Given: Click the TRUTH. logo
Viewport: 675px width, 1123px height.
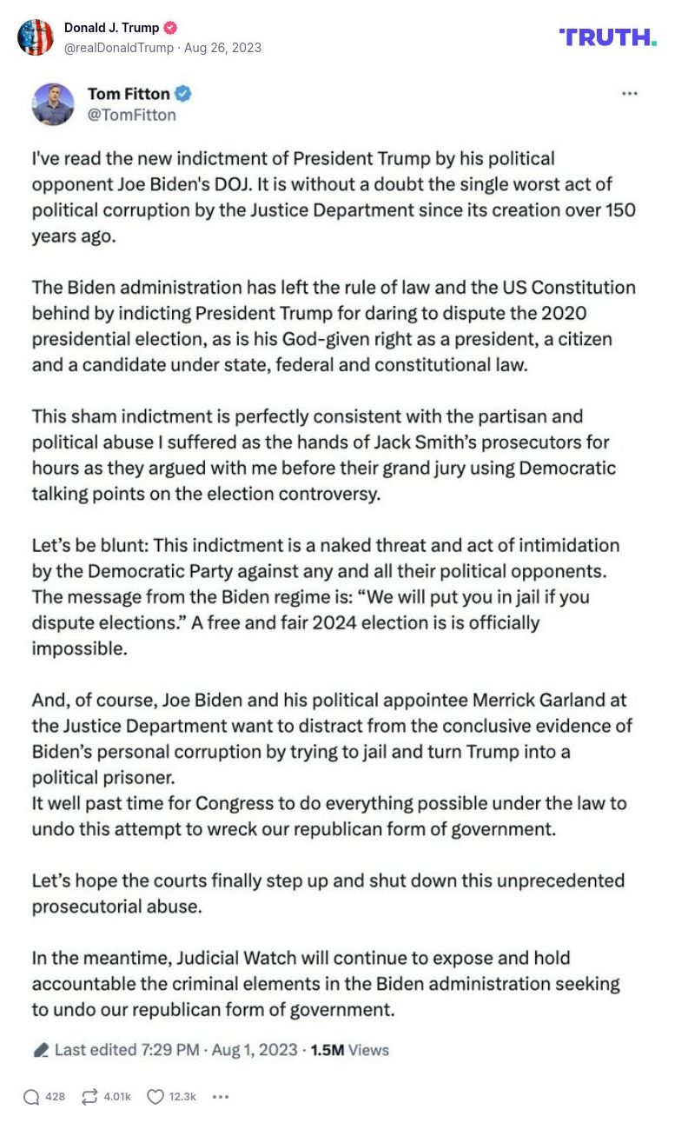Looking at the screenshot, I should pyautogui.click(x=607, y=37).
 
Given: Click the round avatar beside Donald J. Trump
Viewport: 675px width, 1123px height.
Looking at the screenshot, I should pyautogui.click(x=36, y=37).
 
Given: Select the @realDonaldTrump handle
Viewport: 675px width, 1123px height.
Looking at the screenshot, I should pyautogui.click(x=118, y=48).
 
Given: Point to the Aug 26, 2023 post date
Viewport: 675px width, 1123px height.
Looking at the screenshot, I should pyautogui.click(x=223, y=48).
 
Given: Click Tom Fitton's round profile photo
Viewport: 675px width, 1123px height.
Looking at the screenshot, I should pyautogui.click(x=53, y=104).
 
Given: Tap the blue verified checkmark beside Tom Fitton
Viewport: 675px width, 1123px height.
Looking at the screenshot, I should pyautogui.click(x=183, y=94).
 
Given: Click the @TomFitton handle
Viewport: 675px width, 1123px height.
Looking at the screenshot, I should pyautogui.click(x=131, y=115).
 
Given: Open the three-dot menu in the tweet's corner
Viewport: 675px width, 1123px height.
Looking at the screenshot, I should pyautogui.click(x=630, y=94).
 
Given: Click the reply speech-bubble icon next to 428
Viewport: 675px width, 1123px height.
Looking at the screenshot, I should pyautogui.click(x=31, y=1097).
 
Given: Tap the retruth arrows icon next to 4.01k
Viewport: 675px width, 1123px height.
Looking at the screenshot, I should pyautogui.click(x=89, y=1097).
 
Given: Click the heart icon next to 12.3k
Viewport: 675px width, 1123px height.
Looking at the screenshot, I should pyautogui.click(x=156, y=1097).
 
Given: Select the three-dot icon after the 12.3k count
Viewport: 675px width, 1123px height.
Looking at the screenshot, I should pyautogui.click(x=221, y=1097).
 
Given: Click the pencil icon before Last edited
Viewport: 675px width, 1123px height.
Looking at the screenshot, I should pyautogui.click(x=40, y=1050).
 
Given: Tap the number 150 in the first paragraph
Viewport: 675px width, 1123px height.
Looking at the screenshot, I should pyautogui.click(x=619, y=210).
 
